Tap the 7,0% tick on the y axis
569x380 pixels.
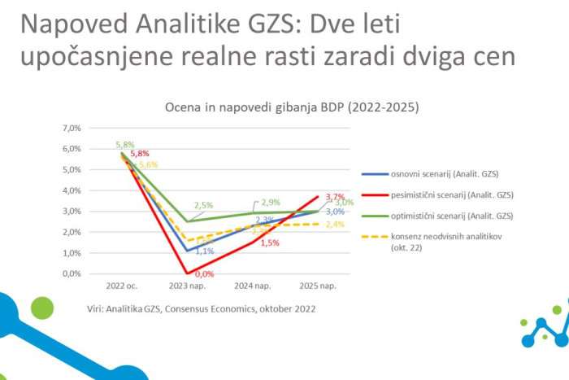(x=72, y=129)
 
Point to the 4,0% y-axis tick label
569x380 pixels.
(x=72, y=190)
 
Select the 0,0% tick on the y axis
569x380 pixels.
(x=72, y=273)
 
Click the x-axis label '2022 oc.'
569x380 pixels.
(x=122, y=286)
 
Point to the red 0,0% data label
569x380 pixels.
(x=192, y=274)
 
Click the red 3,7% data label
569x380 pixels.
(x=335, y=197)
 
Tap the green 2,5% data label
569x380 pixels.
(x=202, y=206)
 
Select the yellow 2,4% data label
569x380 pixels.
(x=334, y=225)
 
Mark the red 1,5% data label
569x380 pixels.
(x=271, y=243)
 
